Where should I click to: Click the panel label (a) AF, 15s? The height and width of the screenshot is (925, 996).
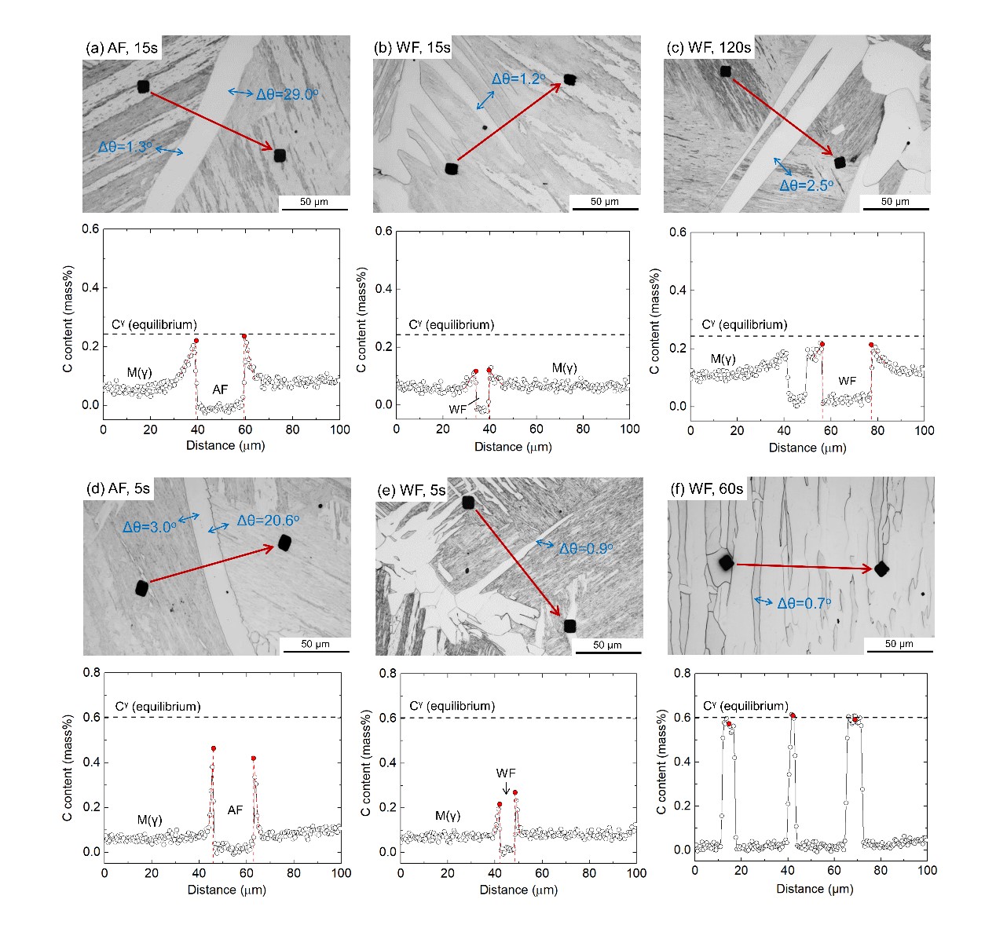[122, 48]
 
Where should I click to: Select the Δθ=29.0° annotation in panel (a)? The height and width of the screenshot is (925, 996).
[287, 94]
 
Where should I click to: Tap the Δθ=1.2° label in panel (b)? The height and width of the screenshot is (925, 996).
[518, 79]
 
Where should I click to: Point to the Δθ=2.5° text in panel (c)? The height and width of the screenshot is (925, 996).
[806, 185]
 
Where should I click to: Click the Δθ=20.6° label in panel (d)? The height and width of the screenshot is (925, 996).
[268, 520]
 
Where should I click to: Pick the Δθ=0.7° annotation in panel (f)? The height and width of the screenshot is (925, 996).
[804, 603]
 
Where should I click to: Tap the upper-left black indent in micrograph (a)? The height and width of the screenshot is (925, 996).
[143, 86]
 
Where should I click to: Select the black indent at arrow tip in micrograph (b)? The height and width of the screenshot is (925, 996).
[570, 79]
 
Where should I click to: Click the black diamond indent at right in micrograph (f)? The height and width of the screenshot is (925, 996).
[881, 569]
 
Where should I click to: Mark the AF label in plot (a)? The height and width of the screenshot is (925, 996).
[220, 389]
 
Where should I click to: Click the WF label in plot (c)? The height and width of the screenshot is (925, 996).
[847, 381]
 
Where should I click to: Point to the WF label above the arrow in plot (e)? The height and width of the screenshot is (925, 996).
[506, 773]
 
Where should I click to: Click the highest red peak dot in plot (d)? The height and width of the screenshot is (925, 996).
[213, 748]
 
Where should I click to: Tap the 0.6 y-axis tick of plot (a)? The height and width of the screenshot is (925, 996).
[91, 229]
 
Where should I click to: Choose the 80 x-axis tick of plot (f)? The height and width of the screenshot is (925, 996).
[881, 870]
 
